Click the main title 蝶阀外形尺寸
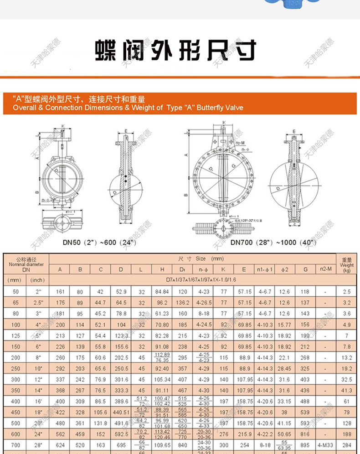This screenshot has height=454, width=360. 175,50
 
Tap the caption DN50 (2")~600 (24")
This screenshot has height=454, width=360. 100,242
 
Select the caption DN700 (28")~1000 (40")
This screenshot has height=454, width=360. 273,242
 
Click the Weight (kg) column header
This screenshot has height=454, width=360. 346,265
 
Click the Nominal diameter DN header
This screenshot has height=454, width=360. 26,264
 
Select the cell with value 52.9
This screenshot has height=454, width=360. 121,291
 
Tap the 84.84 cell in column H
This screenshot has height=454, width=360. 162,291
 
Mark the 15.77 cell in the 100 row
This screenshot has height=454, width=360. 284,325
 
